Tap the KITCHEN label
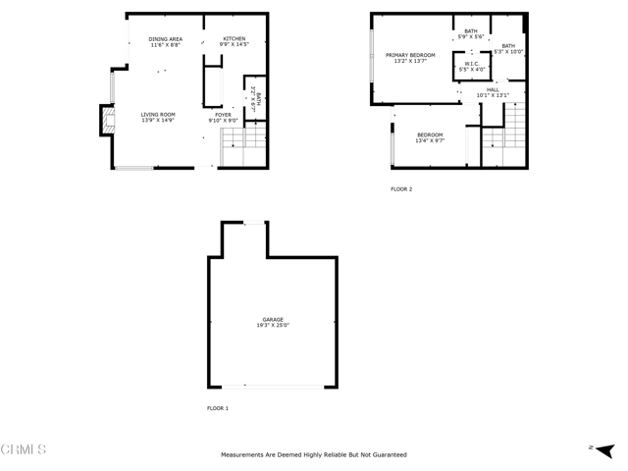[234, 38]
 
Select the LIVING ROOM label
[157, 115]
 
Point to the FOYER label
[223, 115]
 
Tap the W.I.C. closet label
[471, 64]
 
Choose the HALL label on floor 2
[493, 89]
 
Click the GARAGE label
[272, 319]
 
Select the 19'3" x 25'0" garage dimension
[272, 325]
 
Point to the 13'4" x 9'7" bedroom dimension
[430, 140]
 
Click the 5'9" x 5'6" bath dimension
[471, 36]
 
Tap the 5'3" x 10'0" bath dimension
[508, 51]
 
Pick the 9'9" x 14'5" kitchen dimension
[234, 44]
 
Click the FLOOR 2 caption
[401, 188]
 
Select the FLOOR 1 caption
[217, 407]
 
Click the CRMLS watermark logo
[24, 449]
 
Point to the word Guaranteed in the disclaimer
[386, 455]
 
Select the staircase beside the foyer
[243, 147]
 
